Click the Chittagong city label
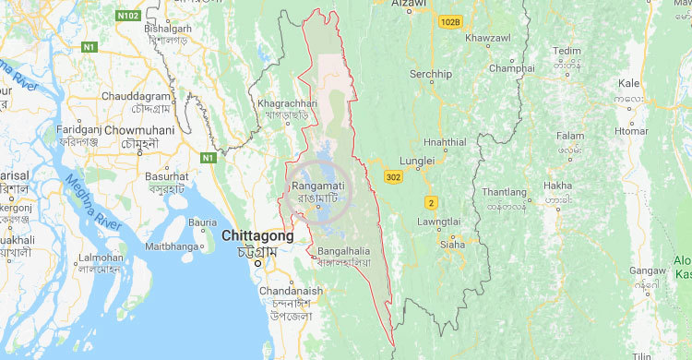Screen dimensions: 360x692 tap(257, 236)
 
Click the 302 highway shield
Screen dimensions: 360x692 tap(394, 176)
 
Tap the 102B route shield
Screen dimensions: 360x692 tap(449, 21)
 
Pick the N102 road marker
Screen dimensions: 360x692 tap(129, 16)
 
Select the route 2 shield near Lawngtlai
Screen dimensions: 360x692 tap(431, 202)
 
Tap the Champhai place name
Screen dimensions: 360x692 tap(511, 68)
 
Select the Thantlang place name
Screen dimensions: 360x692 tap(503, 192)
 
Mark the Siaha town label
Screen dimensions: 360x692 tap(452, 245)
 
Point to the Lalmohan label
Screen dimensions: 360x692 tap(101, 258)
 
